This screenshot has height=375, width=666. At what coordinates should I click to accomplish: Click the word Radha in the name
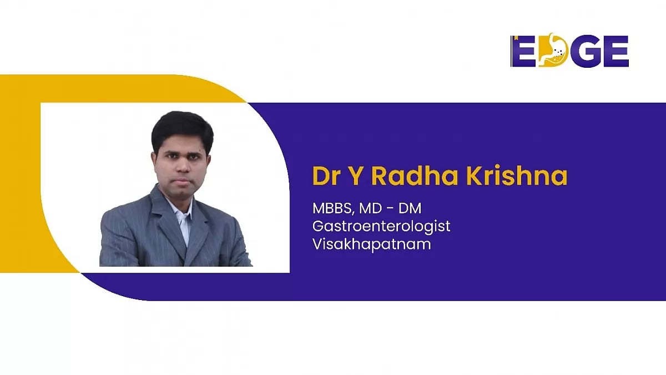(415, 176)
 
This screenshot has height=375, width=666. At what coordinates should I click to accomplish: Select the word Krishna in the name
(517, 176)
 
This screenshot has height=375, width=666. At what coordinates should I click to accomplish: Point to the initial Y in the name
(356, 177)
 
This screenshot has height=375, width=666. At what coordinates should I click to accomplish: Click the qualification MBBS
(333, 209)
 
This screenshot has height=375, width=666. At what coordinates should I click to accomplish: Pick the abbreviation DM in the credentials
(410, 208)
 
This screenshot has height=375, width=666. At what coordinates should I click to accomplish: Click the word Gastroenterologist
(381, 227)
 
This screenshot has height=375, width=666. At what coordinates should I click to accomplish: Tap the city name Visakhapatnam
(372, 244)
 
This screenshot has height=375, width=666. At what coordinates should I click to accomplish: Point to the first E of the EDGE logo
(524, 51)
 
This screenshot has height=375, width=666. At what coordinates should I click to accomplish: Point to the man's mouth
(182, 182)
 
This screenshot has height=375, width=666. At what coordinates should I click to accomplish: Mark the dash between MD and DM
(390, 209)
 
